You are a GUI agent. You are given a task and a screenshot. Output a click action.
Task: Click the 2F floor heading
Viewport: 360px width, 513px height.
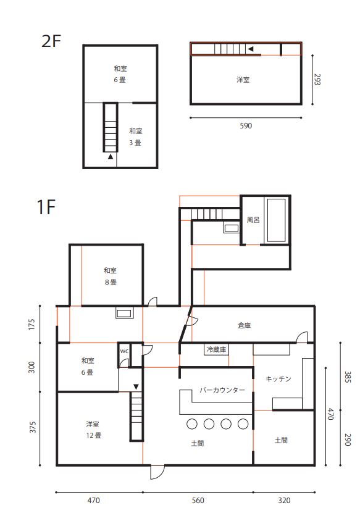click(x=51, y=41)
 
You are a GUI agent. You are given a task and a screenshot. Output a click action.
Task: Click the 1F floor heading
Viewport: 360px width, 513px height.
click(x=46, y=207)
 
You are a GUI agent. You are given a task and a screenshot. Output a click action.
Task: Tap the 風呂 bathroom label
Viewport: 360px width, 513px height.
click(x=253, y=220)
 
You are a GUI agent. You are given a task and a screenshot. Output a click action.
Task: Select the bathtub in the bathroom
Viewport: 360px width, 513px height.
click(x=277, y=220)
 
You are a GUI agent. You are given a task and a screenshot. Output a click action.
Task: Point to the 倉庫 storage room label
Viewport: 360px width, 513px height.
click(x=244, y=325)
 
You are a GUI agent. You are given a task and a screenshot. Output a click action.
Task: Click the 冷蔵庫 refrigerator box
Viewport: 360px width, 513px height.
click(x=216, y=349)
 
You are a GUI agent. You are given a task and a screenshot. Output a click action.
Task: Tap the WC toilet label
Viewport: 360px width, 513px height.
click(x=124, y=351)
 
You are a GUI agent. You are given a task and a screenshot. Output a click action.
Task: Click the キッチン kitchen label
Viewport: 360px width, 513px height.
click(x=278, y=379)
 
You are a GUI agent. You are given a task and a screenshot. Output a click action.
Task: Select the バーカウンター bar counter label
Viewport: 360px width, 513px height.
click(x=222, y=390)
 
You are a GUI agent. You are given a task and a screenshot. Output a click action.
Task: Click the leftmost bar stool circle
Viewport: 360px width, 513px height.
click(x=192, y=424)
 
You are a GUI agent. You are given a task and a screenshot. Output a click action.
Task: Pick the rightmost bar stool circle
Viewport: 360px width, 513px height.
click(x=243, y=424)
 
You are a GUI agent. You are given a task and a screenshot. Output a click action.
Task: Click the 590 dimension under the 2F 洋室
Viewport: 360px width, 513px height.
click(x=246, y=126)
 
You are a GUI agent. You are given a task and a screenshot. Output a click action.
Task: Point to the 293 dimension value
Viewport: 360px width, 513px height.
click(x=317, y=80)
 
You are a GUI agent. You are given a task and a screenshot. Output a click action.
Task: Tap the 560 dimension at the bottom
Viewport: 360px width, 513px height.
click(x=198, y=500)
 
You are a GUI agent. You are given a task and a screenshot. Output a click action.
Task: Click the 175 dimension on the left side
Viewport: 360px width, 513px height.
click(x=31, y=324)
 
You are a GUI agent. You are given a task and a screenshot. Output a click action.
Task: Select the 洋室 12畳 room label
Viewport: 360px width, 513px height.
click(x=94, y=430)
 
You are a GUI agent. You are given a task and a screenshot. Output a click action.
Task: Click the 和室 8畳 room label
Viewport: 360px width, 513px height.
click(x=111, y=276)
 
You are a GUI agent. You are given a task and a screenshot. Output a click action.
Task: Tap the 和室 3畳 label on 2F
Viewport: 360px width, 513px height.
click(x=135, y=137)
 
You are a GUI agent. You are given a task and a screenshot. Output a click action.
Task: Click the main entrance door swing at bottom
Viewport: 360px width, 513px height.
click(x=157, y=472)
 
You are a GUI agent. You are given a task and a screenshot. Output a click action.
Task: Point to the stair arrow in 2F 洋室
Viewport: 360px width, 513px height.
click(x=250, y=49)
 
